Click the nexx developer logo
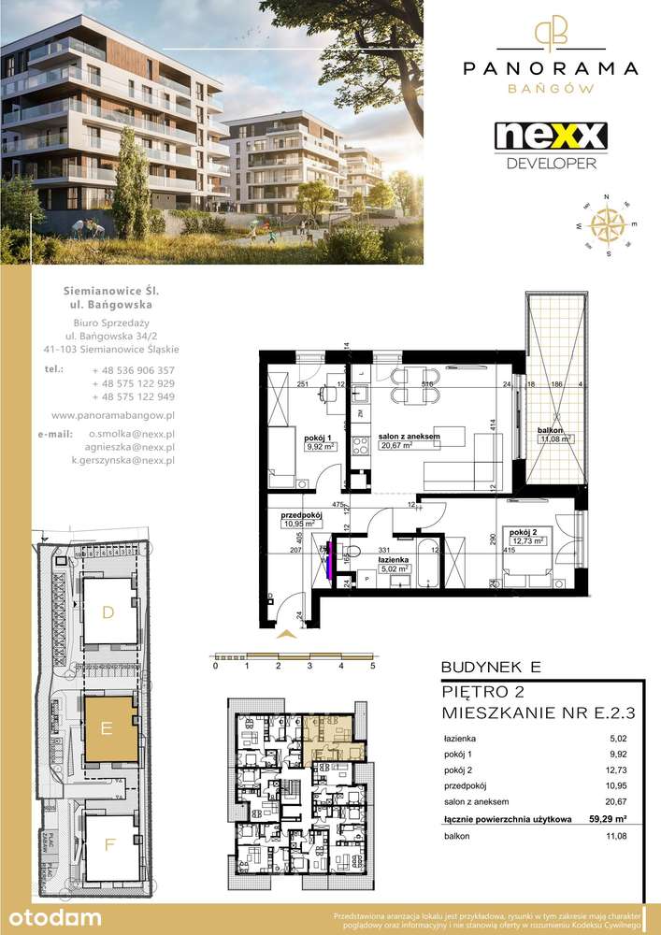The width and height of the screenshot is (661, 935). tap(551, 143)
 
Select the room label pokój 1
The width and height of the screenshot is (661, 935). tap(321, 435)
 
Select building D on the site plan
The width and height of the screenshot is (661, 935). tap(108, 612)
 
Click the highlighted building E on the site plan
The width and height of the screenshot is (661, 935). tap(108, 729)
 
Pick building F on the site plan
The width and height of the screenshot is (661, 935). tap(109, 845)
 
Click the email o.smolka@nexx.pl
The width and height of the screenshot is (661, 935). tap(131, 434)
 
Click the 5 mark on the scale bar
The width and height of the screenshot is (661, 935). tap(372, 667)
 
